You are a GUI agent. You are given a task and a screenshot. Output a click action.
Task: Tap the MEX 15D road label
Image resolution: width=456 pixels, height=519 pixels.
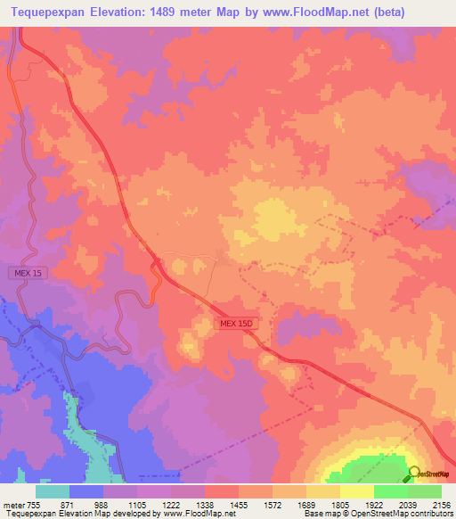[x=236, y=325]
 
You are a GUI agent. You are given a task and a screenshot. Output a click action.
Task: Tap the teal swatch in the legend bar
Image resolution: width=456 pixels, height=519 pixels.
[x=53, y=491]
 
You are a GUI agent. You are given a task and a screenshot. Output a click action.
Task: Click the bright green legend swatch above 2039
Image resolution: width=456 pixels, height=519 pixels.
[x=390, y=491]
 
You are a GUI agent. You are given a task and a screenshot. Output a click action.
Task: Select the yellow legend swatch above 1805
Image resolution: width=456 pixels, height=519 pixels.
[x=356, y=491]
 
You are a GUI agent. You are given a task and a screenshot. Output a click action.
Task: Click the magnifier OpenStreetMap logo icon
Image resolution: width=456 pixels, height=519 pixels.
[x=414, y=474]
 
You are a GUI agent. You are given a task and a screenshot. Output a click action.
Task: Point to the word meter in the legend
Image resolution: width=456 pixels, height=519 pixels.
[x=12, y=504]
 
